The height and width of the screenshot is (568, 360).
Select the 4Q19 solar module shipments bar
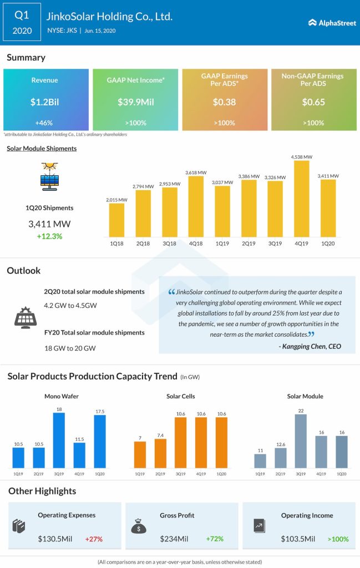[x=301, y=199]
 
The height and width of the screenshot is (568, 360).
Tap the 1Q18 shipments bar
[x=116, y=220]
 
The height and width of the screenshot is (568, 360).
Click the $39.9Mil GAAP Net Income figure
[x=135, y=102]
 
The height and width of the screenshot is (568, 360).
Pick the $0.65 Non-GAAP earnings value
[x=314, y=102]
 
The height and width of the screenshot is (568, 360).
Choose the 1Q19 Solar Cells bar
[x=140, y=455]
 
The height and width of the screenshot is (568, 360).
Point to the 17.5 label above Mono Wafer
[x=99, y=410]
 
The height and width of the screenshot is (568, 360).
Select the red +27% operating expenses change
[x=94, y=539]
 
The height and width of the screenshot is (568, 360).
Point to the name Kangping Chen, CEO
[x=310, y=347]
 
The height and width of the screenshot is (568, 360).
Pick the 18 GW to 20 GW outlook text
[x=70, y=348]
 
